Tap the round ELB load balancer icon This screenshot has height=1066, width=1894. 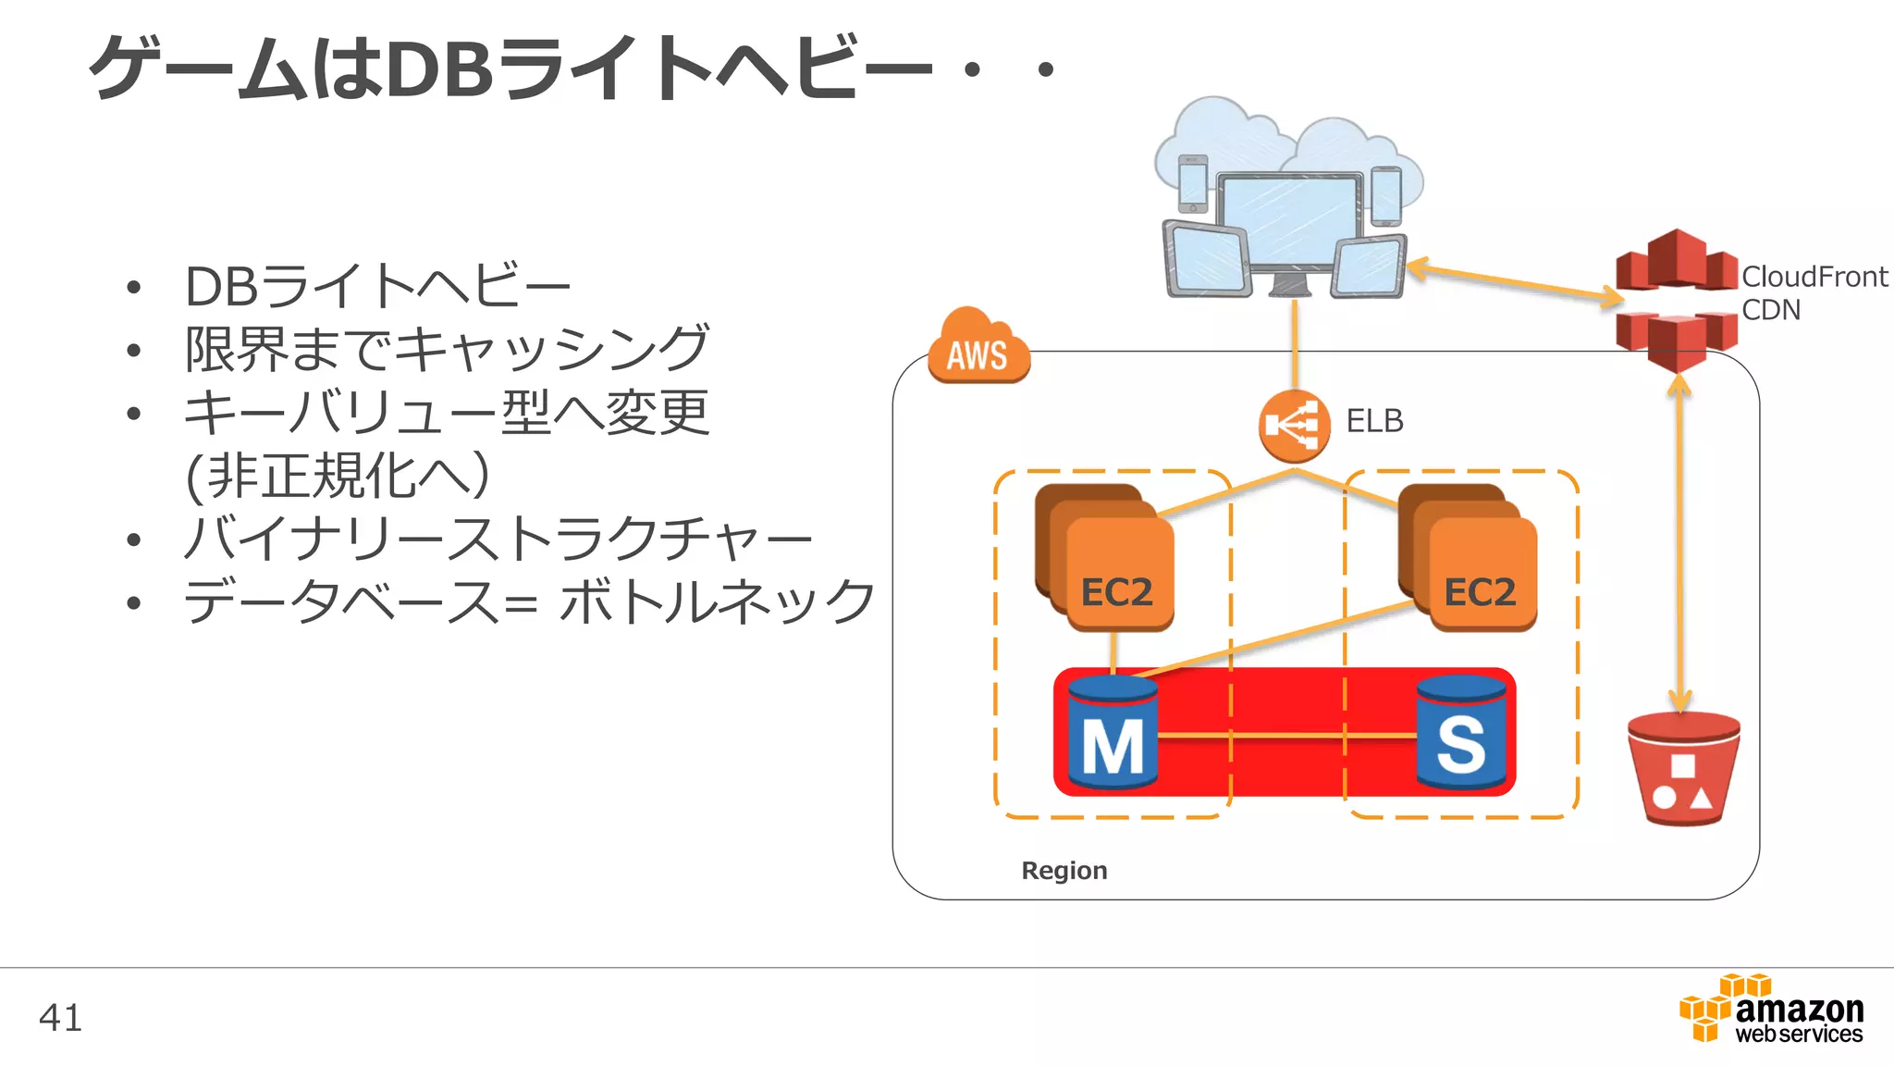(1294, 427)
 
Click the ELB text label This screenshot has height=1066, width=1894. (1374, 421)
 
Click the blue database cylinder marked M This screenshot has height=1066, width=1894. (1113, 733)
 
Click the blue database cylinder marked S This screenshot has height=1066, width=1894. (1461, 733)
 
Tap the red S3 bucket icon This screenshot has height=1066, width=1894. (1683, 768)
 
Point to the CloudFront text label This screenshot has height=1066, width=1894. (1814, 277)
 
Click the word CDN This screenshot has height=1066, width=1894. (1770, 310)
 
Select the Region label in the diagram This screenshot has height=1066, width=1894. (1064, 871)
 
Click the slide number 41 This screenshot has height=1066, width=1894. (60, 1018)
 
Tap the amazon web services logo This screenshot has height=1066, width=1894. (1772, 1010)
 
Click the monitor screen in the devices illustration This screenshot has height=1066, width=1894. (1288, 220)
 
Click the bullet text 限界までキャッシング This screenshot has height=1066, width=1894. (447, 349)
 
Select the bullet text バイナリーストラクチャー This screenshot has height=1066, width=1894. (498, 539)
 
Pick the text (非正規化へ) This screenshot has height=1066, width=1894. (338, 476)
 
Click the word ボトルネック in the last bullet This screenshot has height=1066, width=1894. (718, 601)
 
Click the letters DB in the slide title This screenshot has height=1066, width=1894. (439, 69)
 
